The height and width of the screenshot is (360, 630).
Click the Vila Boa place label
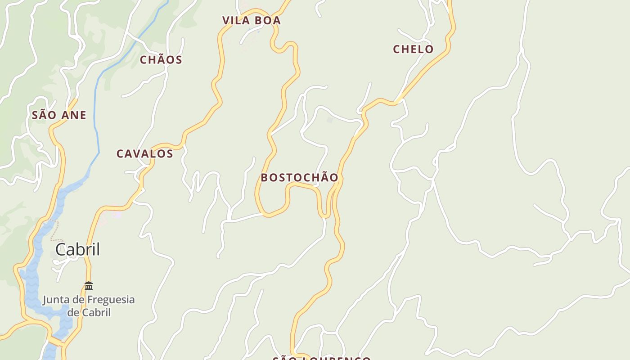pyautogui.click(x=252, y=20)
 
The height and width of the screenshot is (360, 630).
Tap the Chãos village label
pyautogui.click(x=161, y=60)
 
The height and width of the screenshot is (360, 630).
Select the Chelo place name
pyautogui.click(x=413, y=49)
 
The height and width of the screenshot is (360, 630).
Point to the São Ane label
pyautogui.click(x=59, y=115)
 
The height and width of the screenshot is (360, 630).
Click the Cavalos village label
pyautogui.click(x=145, y=154)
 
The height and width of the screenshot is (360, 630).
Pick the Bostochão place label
pyautogui.click(x=299, y=178)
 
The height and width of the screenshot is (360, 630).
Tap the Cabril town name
pyautogui.click(x=77, y=249)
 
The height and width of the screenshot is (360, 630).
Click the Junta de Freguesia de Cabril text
pyautogui.click(x=89, y=306)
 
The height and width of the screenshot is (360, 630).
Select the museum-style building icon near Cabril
pyautogui.click(x=89, y=286)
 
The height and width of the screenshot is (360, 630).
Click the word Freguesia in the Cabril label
pyautogui.click(x=110, y=300)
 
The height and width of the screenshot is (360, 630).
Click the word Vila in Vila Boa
pyautogui.click(x=236, y=20)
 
